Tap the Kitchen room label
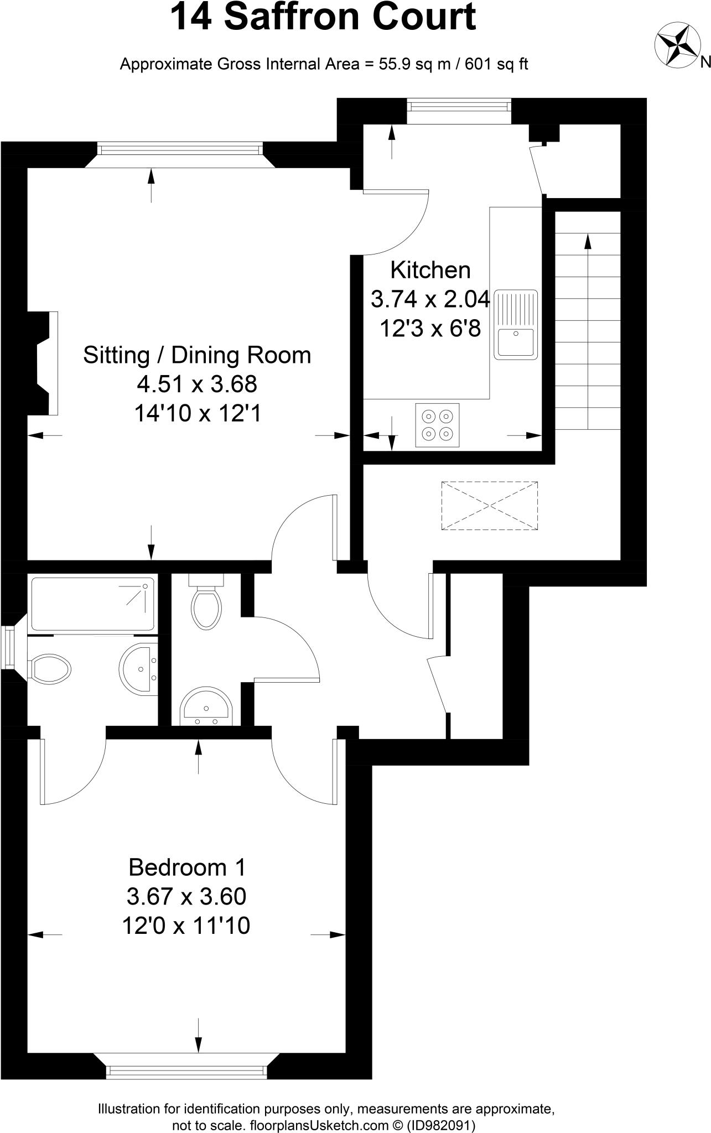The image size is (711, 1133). [430, 270]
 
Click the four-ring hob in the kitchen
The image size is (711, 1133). [437, 425]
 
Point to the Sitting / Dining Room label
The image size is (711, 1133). [197, 355]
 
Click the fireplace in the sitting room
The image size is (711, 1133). [44, 363]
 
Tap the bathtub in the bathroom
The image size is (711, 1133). [92, 604]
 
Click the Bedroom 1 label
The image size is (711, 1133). [186, 867]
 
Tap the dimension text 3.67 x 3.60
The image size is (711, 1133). [186, 896]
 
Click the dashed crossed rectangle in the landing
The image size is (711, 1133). [490, 506]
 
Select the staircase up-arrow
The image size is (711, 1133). [587, 243]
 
